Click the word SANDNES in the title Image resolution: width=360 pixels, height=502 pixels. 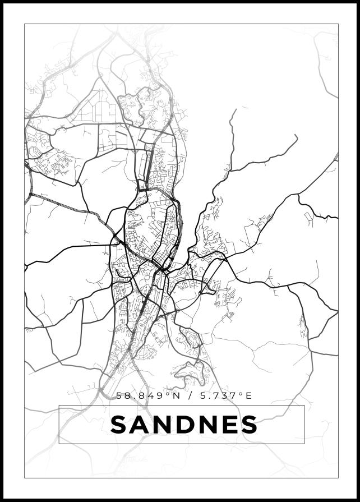point(184,425)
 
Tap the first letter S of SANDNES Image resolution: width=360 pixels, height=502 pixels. point(118,425)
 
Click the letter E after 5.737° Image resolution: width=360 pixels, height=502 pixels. point(249,396)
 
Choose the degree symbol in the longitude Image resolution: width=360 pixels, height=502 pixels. point(242,394)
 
